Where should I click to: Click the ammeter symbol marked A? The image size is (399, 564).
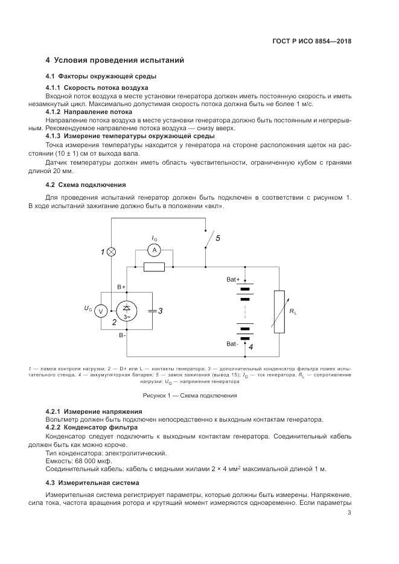click(x=154, y=249)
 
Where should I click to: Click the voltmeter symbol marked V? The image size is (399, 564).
click(x=101, y=311)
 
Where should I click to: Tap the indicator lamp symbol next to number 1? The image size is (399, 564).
click(x=111, y=251)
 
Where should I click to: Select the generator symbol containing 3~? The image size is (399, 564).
click(x=127, y=311)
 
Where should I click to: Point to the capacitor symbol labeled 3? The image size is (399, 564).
click(x=152, y=311)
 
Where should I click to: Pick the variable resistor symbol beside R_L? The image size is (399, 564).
click(x=278, y=311)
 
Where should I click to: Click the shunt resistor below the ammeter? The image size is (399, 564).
click(x=154, y=267)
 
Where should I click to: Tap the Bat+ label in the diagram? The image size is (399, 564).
click(x=233, y=279)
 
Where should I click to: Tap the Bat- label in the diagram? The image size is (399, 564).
click(x=232, y=343)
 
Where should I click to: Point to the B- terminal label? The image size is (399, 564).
click(x=122, y=334)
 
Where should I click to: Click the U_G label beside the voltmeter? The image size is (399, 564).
click(x=88, y=309)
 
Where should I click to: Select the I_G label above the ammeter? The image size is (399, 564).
click(x=155, y=238)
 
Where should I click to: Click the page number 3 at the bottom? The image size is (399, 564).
click(x=349, y=513)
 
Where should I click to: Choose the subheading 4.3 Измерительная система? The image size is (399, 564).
click(x=92, y=483)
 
